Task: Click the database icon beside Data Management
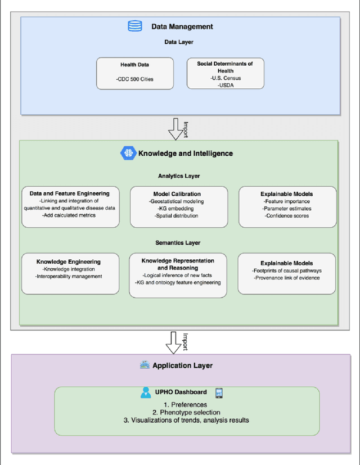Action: (136, 26)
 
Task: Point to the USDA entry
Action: (225, 85)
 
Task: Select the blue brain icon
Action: (128, 153)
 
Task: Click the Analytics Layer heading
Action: (178, 176)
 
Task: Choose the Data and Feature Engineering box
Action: (70, 207)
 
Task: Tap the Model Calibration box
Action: (178, 207)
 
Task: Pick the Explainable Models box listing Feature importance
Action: (287, 207)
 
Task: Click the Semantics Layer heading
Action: (178, 243)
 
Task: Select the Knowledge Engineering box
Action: (70, 273)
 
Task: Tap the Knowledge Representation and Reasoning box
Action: (178, 273)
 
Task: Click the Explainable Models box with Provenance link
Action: (287, 273)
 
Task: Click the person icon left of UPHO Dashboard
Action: (146, 392)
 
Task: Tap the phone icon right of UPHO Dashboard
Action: (219, 392)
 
